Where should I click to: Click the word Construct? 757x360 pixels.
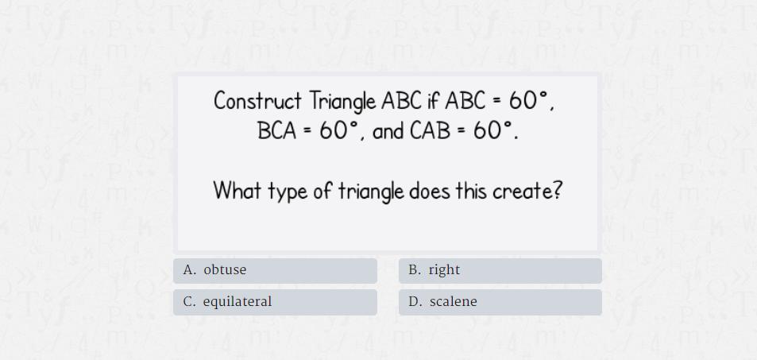(x=257, y=101)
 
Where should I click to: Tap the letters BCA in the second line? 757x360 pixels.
(x=277, y=130)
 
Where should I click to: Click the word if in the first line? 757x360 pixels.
(x=433, y=100)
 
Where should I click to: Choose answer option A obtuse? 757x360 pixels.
(x=275, y=271)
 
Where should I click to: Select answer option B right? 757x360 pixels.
(x=500, y=271)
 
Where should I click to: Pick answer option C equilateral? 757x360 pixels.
(x=275, y=302)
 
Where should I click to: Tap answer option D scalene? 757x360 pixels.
(x=500, y=302)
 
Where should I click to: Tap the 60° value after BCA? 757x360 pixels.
(x=339, y=130)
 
